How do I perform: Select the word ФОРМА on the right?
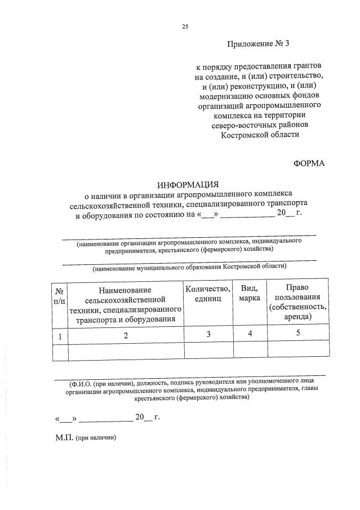(309, 163)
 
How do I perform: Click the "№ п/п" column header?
(59, 294)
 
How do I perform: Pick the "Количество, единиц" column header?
(208, 294)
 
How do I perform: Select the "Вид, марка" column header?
(250, 294)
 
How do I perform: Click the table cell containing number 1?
(59, 335)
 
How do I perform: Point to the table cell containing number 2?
(126, 335)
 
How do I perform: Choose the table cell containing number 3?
(208, 335)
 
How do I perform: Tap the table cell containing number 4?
(250, 334)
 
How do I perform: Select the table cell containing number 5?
(298, 334)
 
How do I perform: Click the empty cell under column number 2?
(126, 351)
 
